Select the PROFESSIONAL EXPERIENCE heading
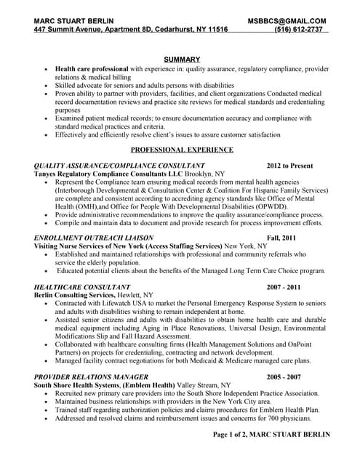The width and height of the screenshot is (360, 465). coord(181,150)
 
